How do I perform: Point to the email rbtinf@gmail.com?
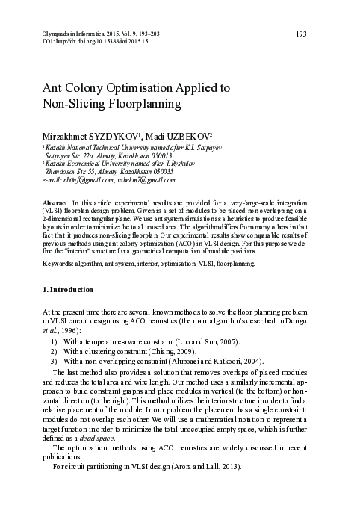pyautogui.click(x=89, y=180)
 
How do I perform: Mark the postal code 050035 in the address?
pyautogui.click(x=158, y=171)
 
